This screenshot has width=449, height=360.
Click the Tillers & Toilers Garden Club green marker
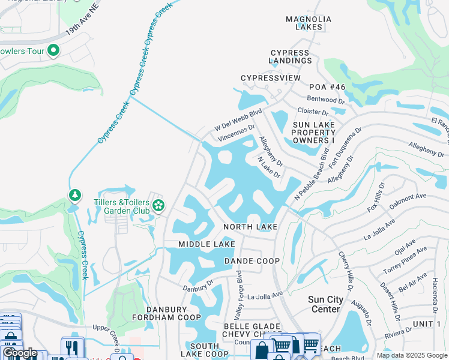(158, 206)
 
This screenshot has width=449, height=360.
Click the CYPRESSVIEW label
(270, 79)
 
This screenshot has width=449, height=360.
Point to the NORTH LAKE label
(250, 227)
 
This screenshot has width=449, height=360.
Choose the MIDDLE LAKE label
(206, 244)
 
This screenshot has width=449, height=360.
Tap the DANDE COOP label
(252, 261)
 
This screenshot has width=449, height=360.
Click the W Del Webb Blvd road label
(238, 121)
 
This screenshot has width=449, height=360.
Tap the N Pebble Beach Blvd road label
(313, 174)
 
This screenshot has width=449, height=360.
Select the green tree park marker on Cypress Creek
(74, 196)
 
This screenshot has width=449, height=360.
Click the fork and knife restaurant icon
(72, 347)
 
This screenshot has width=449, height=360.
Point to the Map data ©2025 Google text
(411, 355)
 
